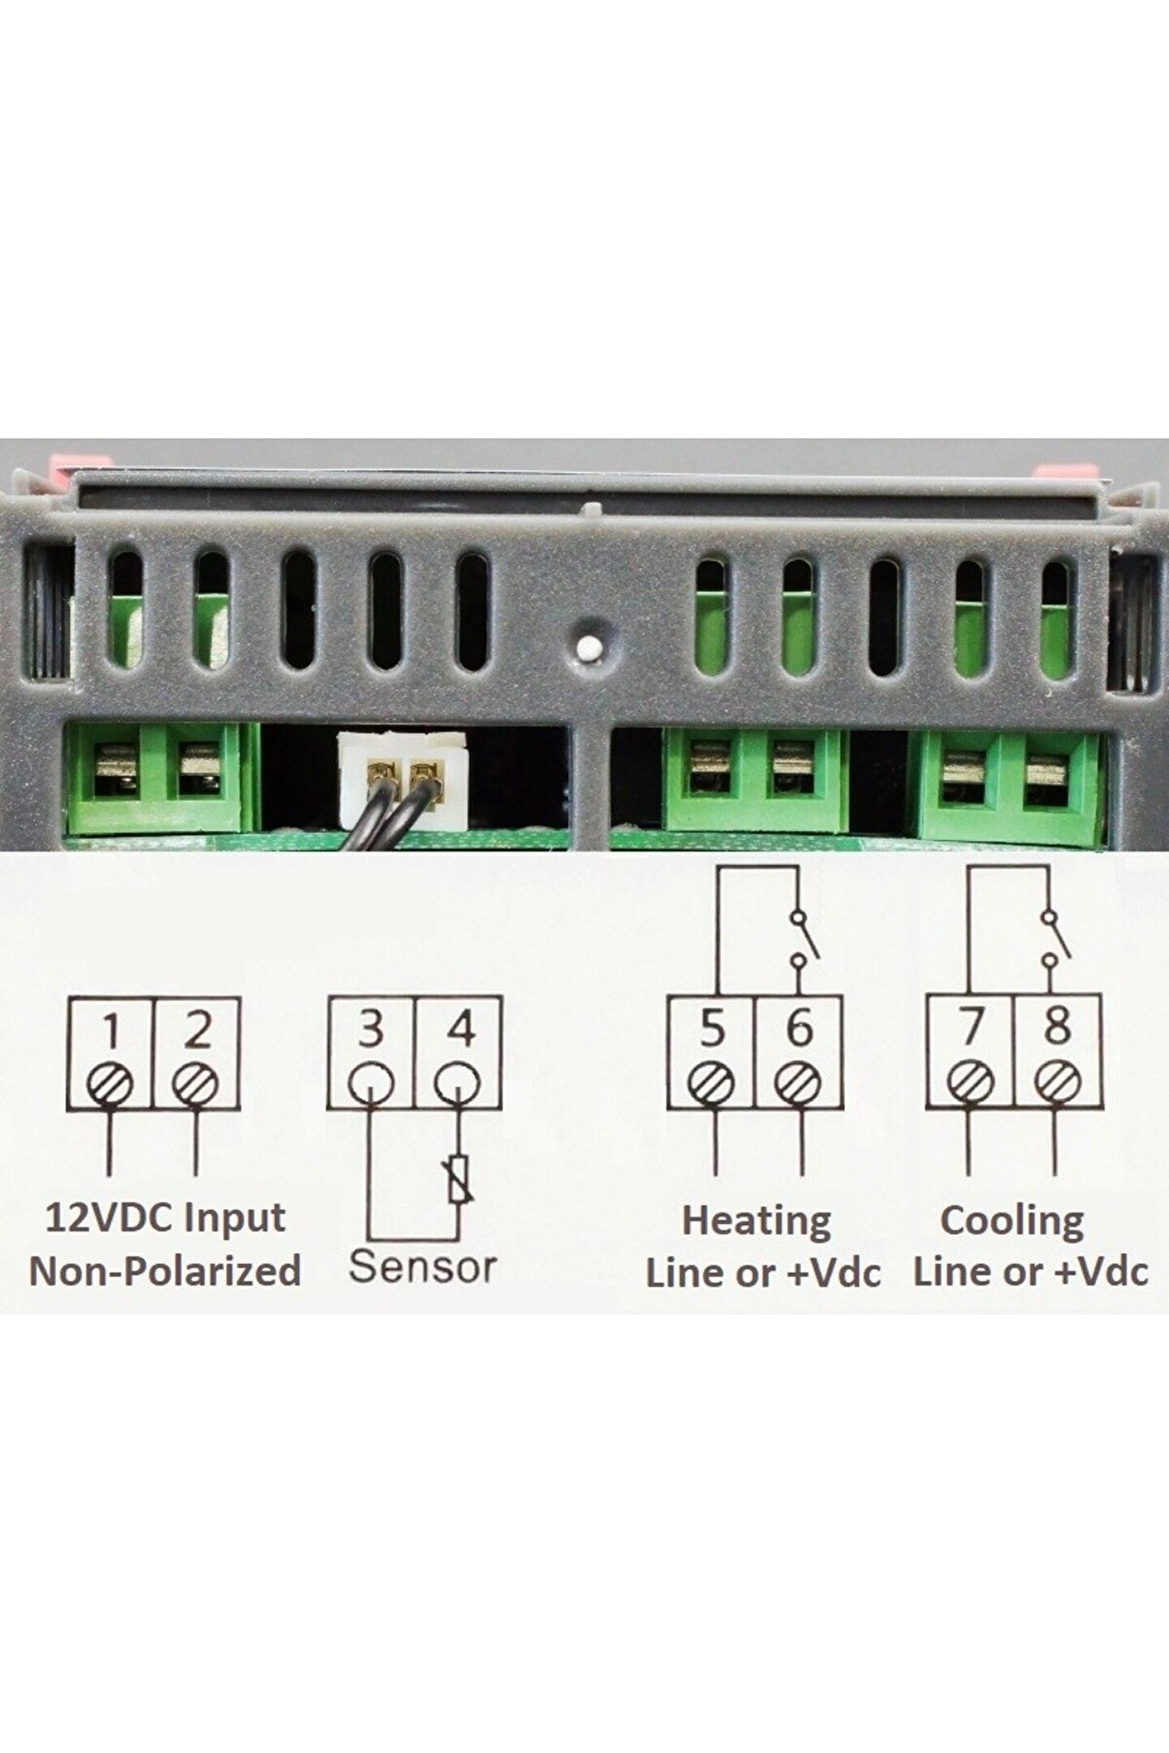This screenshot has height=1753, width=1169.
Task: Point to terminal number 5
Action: tap(712, 1029)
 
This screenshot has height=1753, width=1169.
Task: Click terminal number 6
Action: tap(800, 1029)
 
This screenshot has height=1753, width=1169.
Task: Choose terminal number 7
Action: tap(970, 1029)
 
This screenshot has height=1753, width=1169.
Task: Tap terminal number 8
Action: tap(1056, 1027)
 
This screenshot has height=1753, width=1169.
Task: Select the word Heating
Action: tap(757, 1222)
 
